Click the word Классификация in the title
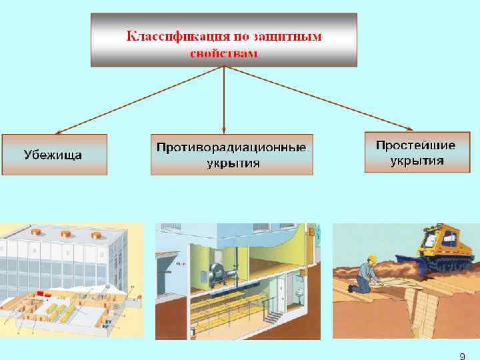[x=169, y=37]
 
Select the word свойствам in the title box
[x=223, y=53]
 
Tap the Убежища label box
[x=53, y=155]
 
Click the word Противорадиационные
[x=231, y=146]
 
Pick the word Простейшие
[x=415, y=145]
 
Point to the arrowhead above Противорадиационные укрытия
[x=224, y=128]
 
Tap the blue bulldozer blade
[x=405, y=267]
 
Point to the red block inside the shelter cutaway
[x=47, y=294]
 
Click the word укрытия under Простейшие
[x=417, y=161]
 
